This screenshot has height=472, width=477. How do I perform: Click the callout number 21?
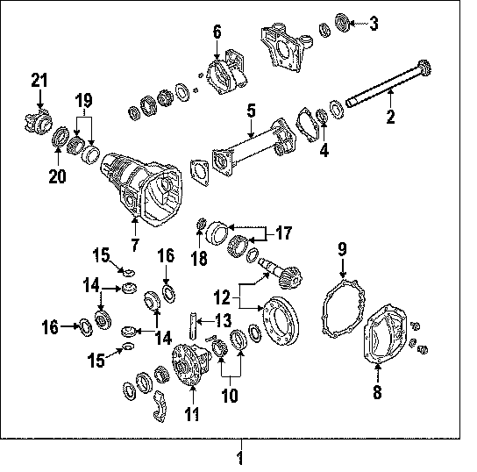39,81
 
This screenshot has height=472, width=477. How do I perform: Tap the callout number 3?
374,24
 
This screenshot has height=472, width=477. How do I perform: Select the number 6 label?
217,32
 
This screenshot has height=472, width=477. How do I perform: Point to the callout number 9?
342,249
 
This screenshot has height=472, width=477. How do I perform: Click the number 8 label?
377,391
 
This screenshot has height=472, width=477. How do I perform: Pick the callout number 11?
192,414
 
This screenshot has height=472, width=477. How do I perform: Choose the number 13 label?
224,320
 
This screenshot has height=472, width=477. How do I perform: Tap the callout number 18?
199,258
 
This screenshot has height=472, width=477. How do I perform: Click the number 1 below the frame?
240,458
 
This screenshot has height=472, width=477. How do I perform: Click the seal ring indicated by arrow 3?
343,22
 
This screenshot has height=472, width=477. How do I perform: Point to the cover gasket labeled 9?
344,309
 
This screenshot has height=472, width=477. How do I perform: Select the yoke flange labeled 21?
38,122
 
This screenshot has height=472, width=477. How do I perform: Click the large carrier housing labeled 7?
141,189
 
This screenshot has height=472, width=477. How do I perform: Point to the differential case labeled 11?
191,364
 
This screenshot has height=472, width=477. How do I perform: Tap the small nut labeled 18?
202,224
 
